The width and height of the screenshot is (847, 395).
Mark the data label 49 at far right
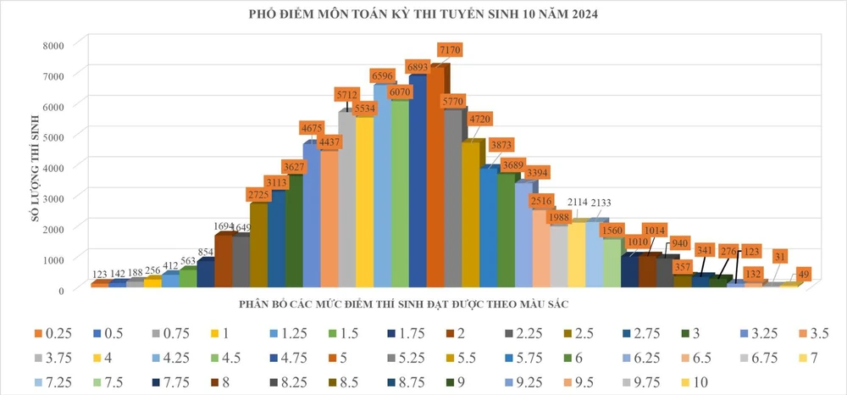tap(805, 273)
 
